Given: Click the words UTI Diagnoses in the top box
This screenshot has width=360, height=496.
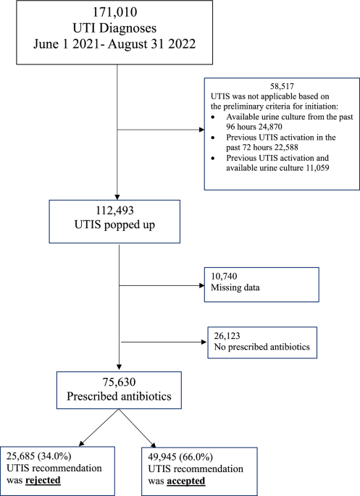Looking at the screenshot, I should click(x=119, y=28).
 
